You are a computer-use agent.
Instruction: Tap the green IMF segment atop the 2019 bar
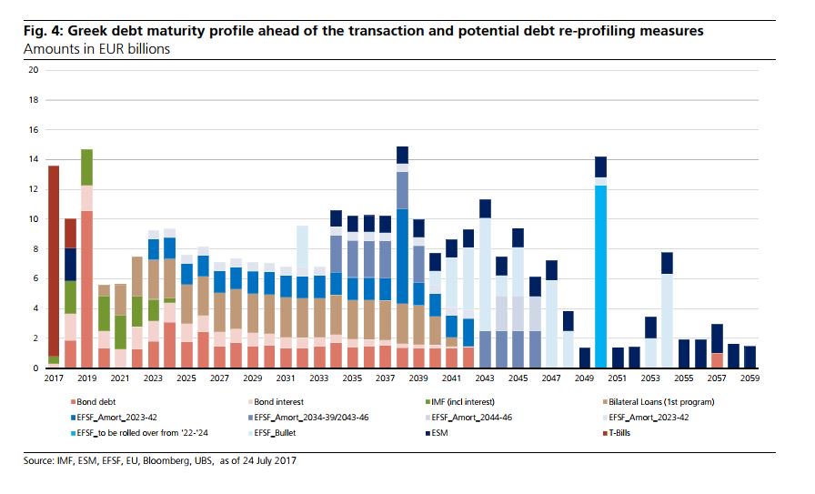click(87, 167)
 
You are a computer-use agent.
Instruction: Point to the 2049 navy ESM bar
click(584, 358)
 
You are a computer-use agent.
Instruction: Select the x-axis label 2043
click(484, 378)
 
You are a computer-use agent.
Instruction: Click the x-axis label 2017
click(54, 378)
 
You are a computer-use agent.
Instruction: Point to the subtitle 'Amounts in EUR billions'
click(96, 48)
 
